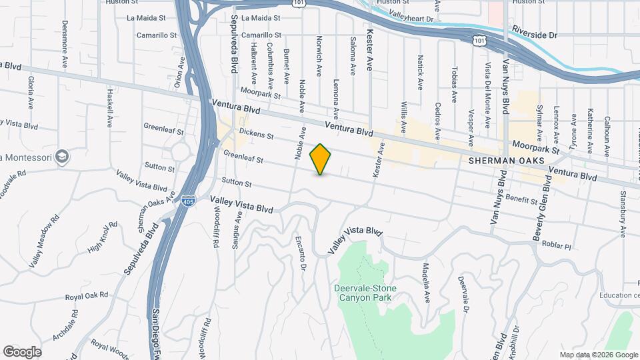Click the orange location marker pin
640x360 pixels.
pos(321,159)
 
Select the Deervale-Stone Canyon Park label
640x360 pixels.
pos(365,293)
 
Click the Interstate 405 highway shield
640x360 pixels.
pos(190,199)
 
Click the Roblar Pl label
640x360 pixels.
pos(557,245)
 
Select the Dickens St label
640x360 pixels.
pos(257,135)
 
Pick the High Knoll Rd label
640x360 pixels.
pos(103,237)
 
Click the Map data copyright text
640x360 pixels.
pos(598,355)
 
